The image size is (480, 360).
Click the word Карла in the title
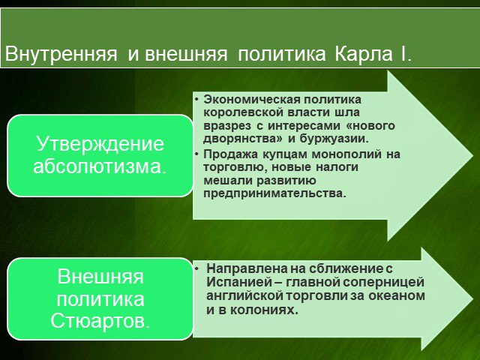point(363,54)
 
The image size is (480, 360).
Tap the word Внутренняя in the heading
point(61,54)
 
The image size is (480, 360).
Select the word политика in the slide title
point(282,54)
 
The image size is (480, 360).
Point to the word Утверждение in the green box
point(100,143)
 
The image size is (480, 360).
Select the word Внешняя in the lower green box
point(100,276)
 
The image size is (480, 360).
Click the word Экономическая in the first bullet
point(252,100)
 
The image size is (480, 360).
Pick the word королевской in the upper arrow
point(243,113)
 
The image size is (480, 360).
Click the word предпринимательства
point(274,193)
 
